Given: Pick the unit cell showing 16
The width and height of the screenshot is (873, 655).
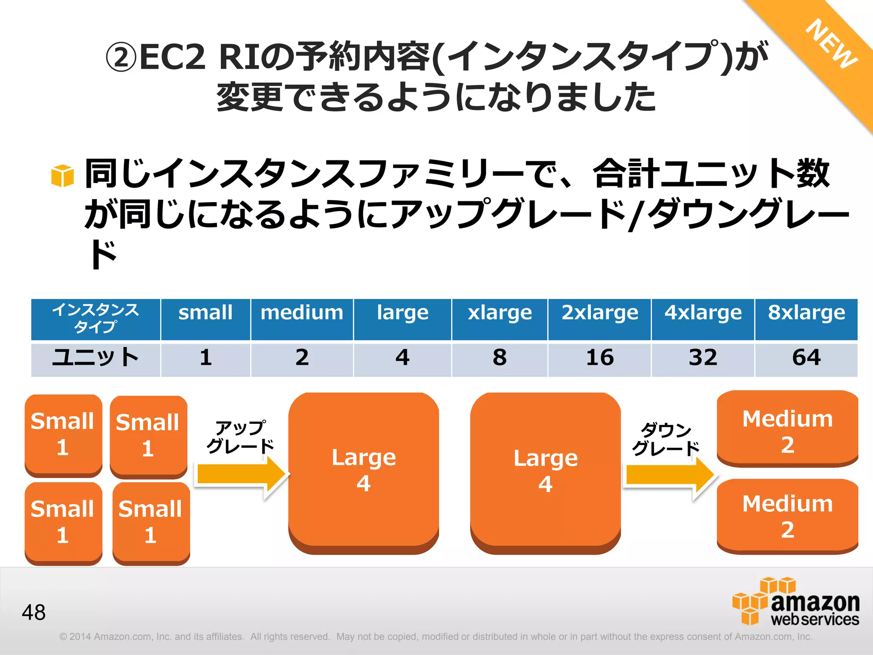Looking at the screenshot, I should click(599, 359).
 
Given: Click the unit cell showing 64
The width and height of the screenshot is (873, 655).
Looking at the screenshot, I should click(806, 359).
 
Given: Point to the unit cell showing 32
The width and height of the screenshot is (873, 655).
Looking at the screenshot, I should click(702, 359).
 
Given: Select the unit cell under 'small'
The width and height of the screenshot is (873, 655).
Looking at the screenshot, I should click(205, 359).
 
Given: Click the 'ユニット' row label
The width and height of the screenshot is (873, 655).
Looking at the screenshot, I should click(95, 359).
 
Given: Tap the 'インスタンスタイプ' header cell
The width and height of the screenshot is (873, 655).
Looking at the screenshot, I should click(95, 319).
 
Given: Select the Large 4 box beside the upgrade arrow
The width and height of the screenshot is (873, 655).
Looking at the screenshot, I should click(364, 471).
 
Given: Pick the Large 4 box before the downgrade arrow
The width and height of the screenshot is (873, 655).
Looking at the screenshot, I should click(545, 471).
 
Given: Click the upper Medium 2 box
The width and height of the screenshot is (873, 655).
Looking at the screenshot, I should click(787, 429).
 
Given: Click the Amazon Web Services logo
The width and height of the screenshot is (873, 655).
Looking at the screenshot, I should click(795, 601).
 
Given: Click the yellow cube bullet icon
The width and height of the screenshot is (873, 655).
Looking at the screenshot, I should click(62, 176).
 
